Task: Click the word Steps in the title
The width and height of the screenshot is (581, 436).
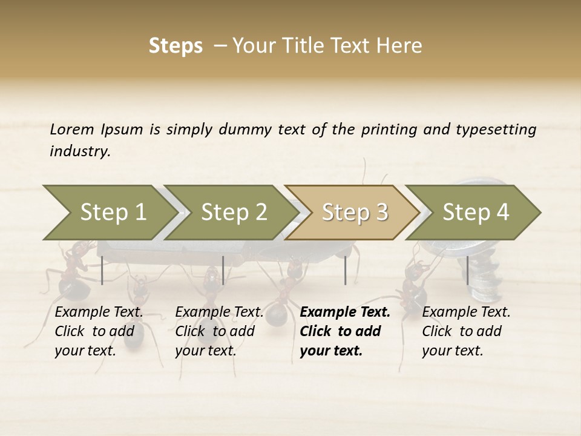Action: [176, 46]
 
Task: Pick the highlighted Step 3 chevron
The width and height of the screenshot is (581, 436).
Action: [355, 213]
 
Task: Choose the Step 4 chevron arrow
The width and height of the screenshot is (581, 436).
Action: [476, 213]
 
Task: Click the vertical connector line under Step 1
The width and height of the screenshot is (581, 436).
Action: [102, 270]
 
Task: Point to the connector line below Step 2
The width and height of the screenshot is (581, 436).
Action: [223, 270]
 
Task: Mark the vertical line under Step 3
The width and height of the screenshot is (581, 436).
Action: [345, 270]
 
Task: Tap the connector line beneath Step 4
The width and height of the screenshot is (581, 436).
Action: [467, 270]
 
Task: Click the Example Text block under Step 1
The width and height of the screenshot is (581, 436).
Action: [99, 331]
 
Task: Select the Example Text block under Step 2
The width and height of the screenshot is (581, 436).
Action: [219, 331]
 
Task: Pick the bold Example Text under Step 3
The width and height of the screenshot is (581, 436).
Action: [345, 331]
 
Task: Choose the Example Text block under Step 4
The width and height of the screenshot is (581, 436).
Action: [466, 331]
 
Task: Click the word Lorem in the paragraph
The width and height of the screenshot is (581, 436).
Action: [72, 129]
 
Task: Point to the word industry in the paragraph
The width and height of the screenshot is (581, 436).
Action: [80, 151]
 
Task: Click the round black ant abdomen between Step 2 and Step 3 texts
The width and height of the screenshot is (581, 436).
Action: [278, 315]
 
